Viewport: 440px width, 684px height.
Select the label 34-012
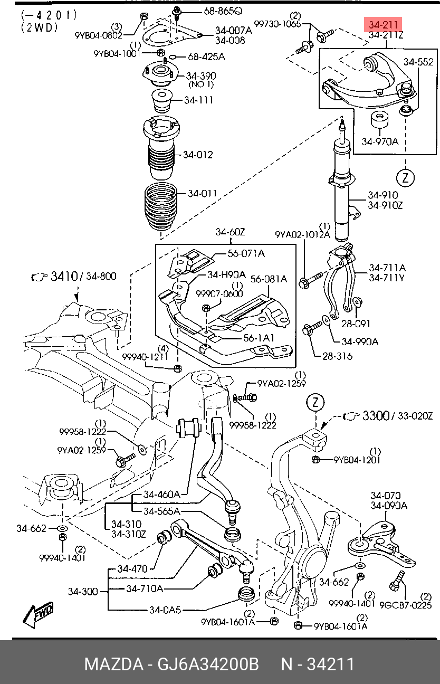[x=198, y=155]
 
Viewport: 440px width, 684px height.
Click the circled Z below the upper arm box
[x=406, y=177]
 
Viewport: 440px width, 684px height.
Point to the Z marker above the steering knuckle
[x=315, y=402]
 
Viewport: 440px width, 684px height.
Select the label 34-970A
[x=380, y=142]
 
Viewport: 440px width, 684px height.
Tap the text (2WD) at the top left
[x=40, y=27]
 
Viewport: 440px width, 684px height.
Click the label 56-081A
[x=269, y=279]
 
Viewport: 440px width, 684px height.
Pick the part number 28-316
[x=337, y=356]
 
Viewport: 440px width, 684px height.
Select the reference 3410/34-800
[x=83, y=276]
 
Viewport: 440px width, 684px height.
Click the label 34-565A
[x=161, y=511]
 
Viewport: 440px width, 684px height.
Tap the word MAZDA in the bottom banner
[x=113, y=664]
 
